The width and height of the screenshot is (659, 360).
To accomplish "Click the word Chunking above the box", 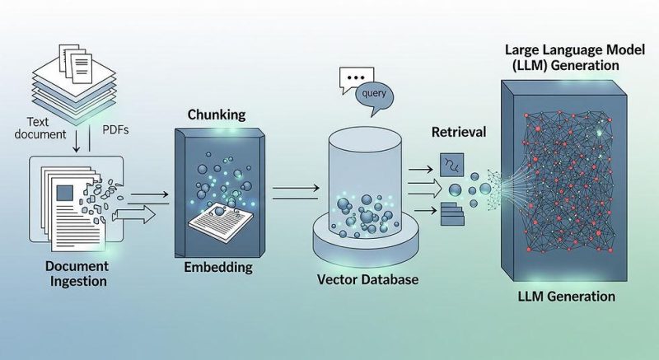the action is [217, 115].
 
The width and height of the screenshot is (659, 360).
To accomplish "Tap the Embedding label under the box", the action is [218, 267].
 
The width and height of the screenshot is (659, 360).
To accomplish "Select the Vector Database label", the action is [367, 279].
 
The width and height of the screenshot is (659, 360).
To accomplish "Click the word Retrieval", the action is [459, 132].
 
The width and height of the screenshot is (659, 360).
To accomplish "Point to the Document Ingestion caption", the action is [77, 274].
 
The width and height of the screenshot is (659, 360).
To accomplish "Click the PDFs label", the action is [115, 130].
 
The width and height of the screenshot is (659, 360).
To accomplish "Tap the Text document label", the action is [40, 129].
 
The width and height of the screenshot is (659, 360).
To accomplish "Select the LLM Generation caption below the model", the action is [566, 296].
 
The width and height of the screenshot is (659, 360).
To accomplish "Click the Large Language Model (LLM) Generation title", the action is [574, 57].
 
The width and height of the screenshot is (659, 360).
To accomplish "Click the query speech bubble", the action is [374, 96].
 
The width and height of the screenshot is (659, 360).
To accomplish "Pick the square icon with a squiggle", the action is [451, 165].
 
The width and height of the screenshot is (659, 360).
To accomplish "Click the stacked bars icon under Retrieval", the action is [452, 214].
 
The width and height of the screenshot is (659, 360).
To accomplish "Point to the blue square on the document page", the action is [64, 193].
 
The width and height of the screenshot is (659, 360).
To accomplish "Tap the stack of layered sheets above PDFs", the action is [74, 84].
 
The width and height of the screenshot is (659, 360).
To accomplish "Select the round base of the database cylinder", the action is [366, 245].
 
